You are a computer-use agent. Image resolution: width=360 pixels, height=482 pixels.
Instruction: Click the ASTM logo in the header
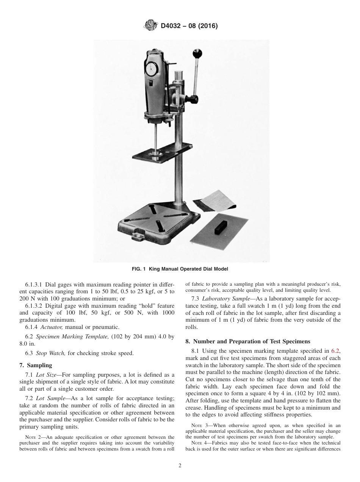(x=151, y=26)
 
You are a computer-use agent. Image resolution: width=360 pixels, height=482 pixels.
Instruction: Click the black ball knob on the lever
(x=197, y=53)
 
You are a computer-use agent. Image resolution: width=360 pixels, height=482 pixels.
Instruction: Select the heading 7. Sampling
(x=36, y=365)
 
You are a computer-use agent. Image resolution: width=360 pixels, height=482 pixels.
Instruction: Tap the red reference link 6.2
(x=336, y=351)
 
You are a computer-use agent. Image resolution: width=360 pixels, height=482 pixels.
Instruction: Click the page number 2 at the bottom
(x=180, y=466)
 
